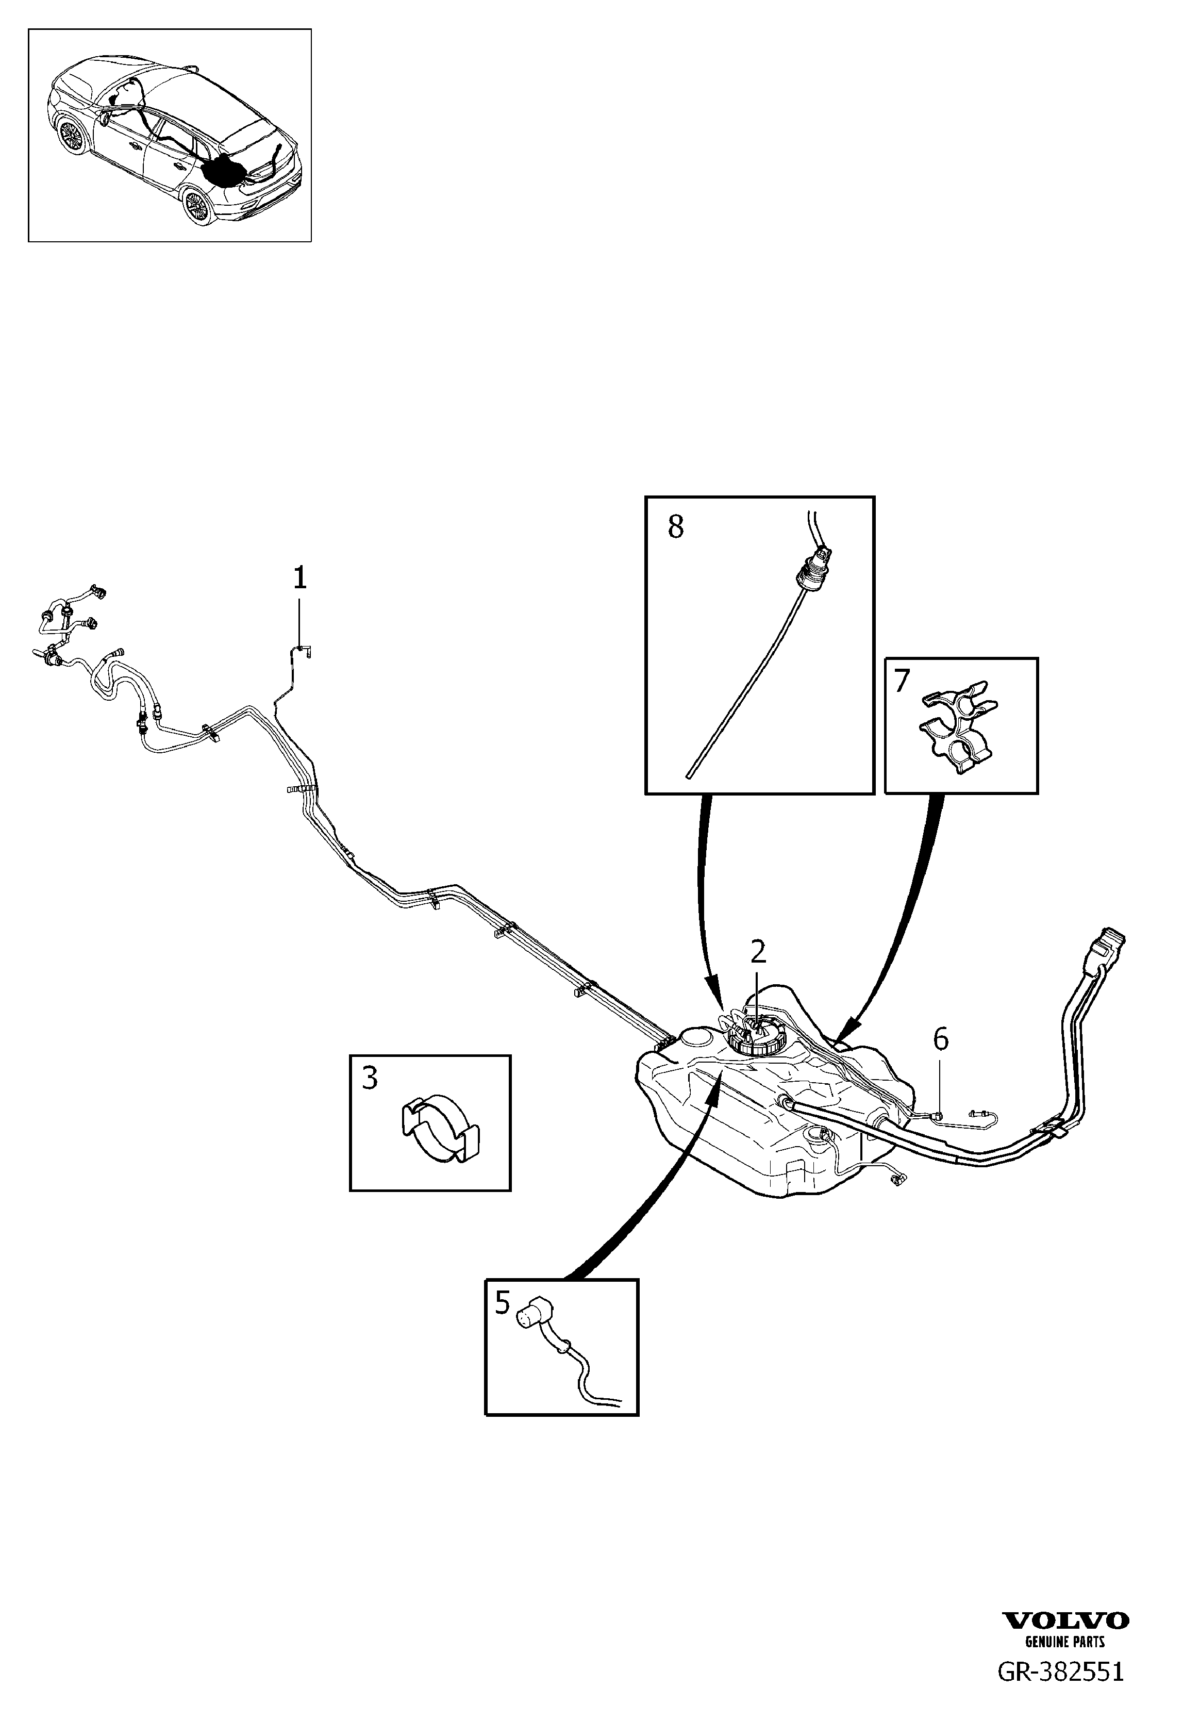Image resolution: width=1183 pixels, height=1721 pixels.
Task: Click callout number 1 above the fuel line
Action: coord(299,578)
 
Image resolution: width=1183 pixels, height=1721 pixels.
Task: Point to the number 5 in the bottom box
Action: coord(503,1302)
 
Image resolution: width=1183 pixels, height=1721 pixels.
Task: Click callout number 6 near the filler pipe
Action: coord(940,1040)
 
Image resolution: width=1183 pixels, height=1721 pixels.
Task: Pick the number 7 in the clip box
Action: coord(902,680)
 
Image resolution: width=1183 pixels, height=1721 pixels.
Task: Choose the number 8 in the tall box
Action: coord(675,527)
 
